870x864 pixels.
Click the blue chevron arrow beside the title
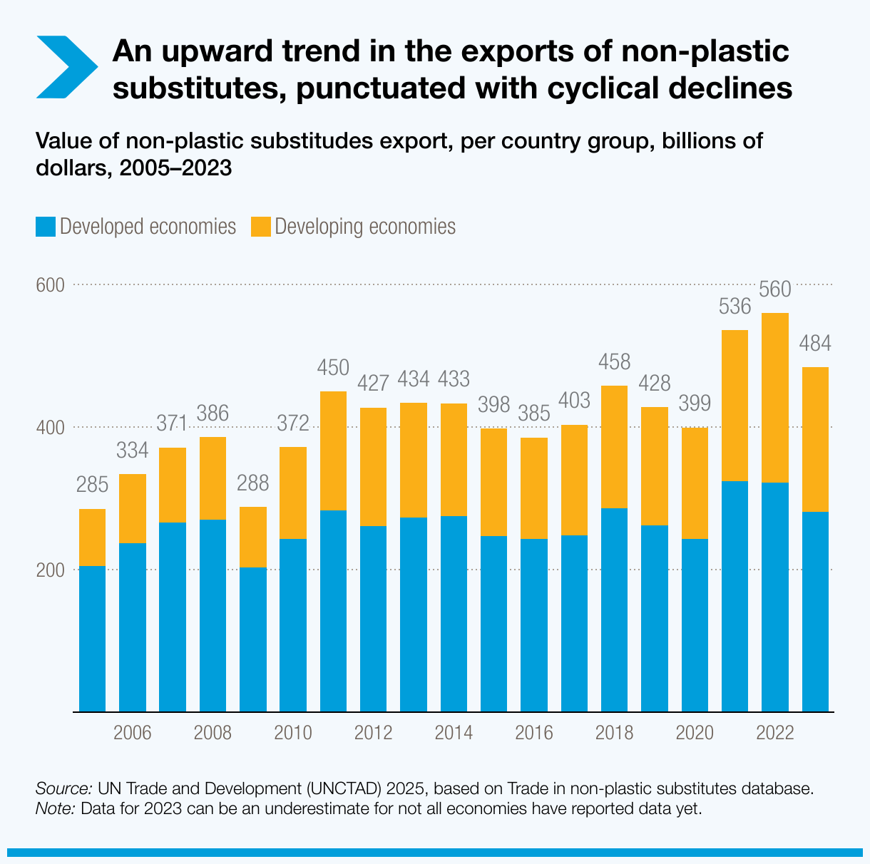[x=66, y=66]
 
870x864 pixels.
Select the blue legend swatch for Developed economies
[x=45, y=227]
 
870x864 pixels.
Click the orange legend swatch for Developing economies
[x=260, y=227]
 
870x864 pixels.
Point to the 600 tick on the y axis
[x=50, y=285]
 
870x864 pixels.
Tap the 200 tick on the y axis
[x=50, y=570]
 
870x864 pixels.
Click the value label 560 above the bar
[x=775, y=289]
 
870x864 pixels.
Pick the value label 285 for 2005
[x=92, y=485]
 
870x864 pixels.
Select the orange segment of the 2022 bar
[x=775, y=398]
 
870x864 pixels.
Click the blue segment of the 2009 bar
[x=253, y=639]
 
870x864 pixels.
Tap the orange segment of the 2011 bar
[x=333, y=451]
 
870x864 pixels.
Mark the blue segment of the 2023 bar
[x=815, y=611]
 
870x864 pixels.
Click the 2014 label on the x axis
[x=454, y=734]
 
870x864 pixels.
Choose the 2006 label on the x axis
[x=133, y=734]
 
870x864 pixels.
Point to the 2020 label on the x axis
[x=695, y=734]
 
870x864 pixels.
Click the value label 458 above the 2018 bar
[x=614, y=362]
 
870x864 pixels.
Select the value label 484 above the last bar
[x=815, y=344]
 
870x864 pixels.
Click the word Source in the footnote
[x=63, y=789]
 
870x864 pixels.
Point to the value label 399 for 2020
[x=695, y=403]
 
